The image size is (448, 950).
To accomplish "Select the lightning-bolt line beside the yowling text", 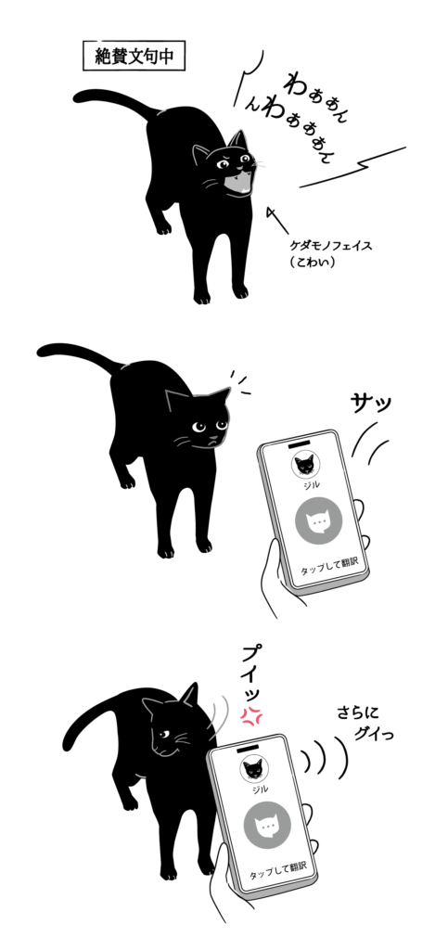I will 377,163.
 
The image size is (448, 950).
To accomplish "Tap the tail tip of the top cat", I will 80,96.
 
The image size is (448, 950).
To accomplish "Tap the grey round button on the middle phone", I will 317,523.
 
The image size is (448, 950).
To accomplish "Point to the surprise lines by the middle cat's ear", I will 239,382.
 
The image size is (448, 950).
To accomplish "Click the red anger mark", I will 249,714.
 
